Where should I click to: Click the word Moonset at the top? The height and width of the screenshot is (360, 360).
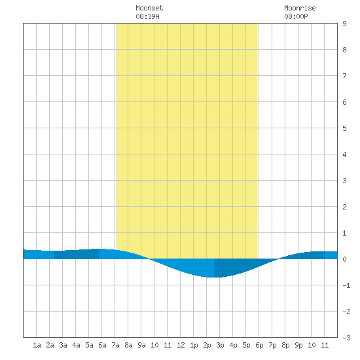coord(149,8)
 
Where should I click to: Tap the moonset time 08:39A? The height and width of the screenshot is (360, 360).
coord(147,16)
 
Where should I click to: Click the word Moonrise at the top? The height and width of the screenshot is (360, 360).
coord(300,8)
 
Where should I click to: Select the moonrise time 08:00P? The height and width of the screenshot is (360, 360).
coord(296,16)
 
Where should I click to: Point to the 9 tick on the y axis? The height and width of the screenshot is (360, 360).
coord(344,24)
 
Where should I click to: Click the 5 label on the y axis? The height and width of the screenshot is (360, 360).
coord(344,128)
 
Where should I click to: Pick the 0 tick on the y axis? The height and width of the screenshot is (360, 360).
coord(344,259)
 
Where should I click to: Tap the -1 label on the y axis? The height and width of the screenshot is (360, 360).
coord(346,285)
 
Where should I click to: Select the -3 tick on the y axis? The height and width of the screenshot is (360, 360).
coord(346,338)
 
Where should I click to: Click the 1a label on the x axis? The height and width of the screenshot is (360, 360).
coord(37,345)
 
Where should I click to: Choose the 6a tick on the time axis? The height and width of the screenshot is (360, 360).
coord(102,345)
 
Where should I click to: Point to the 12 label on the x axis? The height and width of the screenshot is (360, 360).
coord(181,345)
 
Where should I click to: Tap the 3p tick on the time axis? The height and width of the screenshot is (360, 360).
coord(220,345)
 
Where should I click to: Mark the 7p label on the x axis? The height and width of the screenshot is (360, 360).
coord(272,345)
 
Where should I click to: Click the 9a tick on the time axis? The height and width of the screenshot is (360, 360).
coord(141,345)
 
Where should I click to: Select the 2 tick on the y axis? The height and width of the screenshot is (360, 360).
coord(344,207)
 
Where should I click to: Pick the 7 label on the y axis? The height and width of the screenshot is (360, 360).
coord(344,76)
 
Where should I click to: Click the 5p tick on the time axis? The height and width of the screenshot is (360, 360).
coord(246,345)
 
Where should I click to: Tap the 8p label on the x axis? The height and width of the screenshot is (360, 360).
coord(285,345)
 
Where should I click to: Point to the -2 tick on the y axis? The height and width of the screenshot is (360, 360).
coord(346,312)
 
